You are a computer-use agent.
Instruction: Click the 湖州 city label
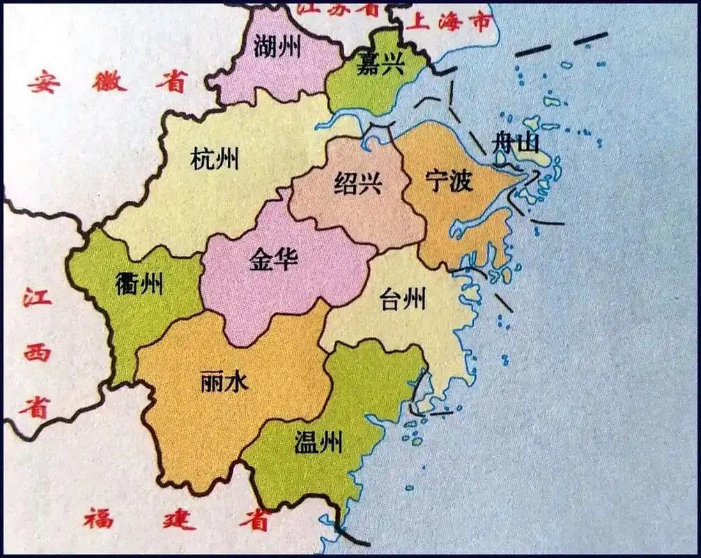tap(278, 47)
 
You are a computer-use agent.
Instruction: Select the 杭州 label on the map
tap(215, 160)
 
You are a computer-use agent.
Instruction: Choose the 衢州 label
tap(140, 283)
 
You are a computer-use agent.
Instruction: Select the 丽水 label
tap(224, 380)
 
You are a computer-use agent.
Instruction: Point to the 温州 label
tap(318, 443)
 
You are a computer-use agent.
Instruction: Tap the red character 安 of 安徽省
tap(44, 83)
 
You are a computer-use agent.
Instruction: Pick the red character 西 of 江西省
tap(37, 352)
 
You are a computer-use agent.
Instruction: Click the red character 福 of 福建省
tap(98, 518)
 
